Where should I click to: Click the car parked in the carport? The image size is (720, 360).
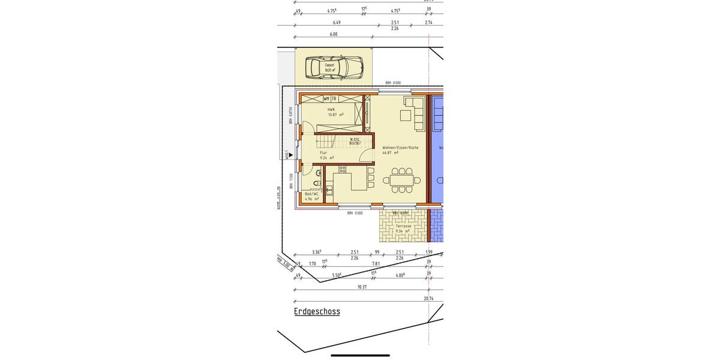[x=334, y=67]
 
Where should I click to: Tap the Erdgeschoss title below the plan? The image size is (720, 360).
[x=317, y=311]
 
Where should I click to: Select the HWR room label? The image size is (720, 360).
[x=331, y=110]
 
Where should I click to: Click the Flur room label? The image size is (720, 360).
[x=323, y=152]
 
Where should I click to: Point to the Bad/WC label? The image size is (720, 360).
[x=311, y=194]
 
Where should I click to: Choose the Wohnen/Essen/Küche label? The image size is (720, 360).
[x=400, y=148]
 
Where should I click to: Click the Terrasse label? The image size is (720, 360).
[x=403, y=226]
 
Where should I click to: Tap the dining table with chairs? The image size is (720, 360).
[x=402, y=180]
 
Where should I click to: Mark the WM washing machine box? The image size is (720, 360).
[x=326, y=98]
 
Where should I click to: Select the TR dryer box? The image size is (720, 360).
[x=334, y=98]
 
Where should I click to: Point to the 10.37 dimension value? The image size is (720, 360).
[x=362, y=287]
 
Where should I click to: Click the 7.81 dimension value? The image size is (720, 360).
[x=376, y=263]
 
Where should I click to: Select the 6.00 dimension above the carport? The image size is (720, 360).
[x=334, y=34]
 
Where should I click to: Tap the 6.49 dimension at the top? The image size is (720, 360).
[x=337, y=23]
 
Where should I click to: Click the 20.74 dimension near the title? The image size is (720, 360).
[x=428, y=298]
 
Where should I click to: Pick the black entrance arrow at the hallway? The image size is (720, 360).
[x=291, y=155]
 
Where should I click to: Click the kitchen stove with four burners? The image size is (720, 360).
[x=342, y=169]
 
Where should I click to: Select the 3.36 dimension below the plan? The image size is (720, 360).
[x=316, y=252]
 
